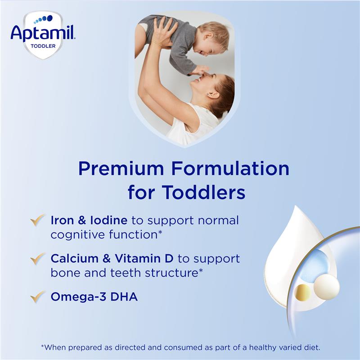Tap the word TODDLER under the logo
pos(44,45)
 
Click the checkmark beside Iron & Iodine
pos(37,220)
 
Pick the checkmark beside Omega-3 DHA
pos(37,297)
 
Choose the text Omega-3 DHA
pos(94,297)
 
